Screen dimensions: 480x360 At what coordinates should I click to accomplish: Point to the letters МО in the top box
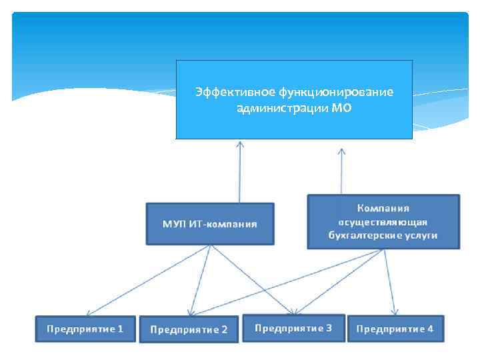pyautogui.click(x=341, y=107)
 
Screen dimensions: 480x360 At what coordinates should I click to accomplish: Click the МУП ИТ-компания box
pyautogui.click(x=210, y=223)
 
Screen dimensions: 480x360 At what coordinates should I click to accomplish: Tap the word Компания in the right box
pyautogui.click(x=383, y=208)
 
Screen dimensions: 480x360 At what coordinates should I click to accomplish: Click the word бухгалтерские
pyautogui.click(x=364, y=235)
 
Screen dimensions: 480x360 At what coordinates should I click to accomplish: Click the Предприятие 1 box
pyautogui.click(x=85, y=329)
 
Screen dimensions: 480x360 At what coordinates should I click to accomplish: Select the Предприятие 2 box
pyautogui.click(x=189, y=329)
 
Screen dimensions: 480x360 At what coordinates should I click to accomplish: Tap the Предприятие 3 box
pyautogui.click(x=293, y=328)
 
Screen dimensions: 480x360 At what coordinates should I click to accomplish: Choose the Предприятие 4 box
pyautogui.click(x=395, y=329)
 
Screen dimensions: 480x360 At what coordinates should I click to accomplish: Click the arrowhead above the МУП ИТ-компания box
pyautogui.click(x=240, y=144)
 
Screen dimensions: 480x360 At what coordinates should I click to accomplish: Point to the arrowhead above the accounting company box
pyautogui.click(x=342, y=152)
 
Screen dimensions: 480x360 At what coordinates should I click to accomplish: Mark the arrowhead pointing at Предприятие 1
pyautogui.click(x=89, y=312)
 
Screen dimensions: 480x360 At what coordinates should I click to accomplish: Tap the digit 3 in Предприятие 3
pyautogui.click(x=329, y=328)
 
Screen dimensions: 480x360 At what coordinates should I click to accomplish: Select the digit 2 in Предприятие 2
pyautogui.click(x=224, y=329)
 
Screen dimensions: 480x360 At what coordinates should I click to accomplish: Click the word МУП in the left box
pyautogui.click(x=174, y=223)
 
